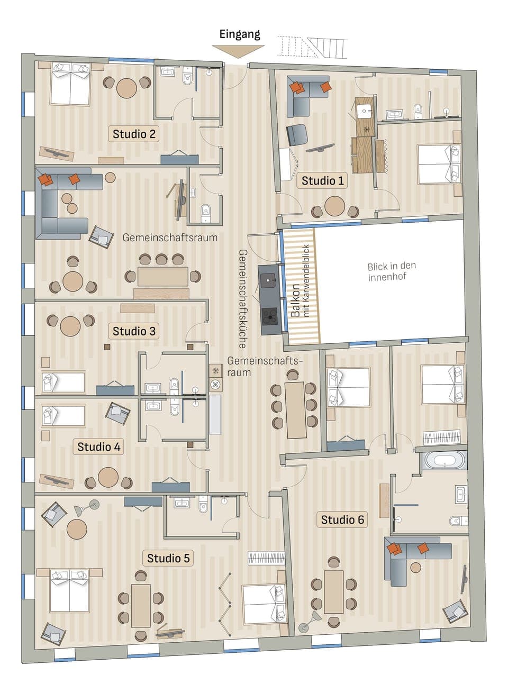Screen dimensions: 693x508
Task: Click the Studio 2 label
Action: pyautogui.click(x=134, y=134)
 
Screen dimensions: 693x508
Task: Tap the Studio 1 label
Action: pyautogui.click(x=322, y=180)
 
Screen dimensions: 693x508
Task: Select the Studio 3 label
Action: pyautogui.click(x=134, y=331)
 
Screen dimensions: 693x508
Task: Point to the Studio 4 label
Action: pyautogui.click(x=98, y=446)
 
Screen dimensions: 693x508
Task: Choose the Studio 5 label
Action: pyautogui.click(x=168, y=558)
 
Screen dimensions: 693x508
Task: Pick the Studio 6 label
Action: pyautogui.click(x=342, y=519)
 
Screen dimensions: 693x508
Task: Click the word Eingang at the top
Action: pyautogui.click(x=240, y=34)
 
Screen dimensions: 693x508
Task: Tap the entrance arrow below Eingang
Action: pyautogui.click(x=238, y=51)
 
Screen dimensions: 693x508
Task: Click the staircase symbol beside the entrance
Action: pyautogui.click(x=312, y=47)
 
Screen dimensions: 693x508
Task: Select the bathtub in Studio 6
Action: pyautogui.click(x=444, y=460)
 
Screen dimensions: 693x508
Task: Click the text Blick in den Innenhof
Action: pyautogui.click(x=392, y=271)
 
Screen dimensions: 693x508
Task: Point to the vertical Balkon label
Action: pyautogui.click(x=295, y=300)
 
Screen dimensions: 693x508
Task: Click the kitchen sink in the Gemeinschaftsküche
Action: pyautogui.click(x=269, y=278)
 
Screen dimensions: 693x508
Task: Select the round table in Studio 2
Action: pyautogui.click(x=126, y=88)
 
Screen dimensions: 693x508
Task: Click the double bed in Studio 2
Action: pyautogui.click(x=70, y=85)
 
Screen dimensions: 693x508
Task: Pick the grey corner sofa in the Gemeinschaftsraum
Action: pyautogui.click(x=58, y=204)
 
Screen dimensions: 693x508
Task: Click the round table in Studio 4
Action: pyautogui.click(x=108, y=477)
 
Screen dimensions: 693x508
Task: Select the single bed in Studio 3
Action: pyautogui.click(x=63, y=382)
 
